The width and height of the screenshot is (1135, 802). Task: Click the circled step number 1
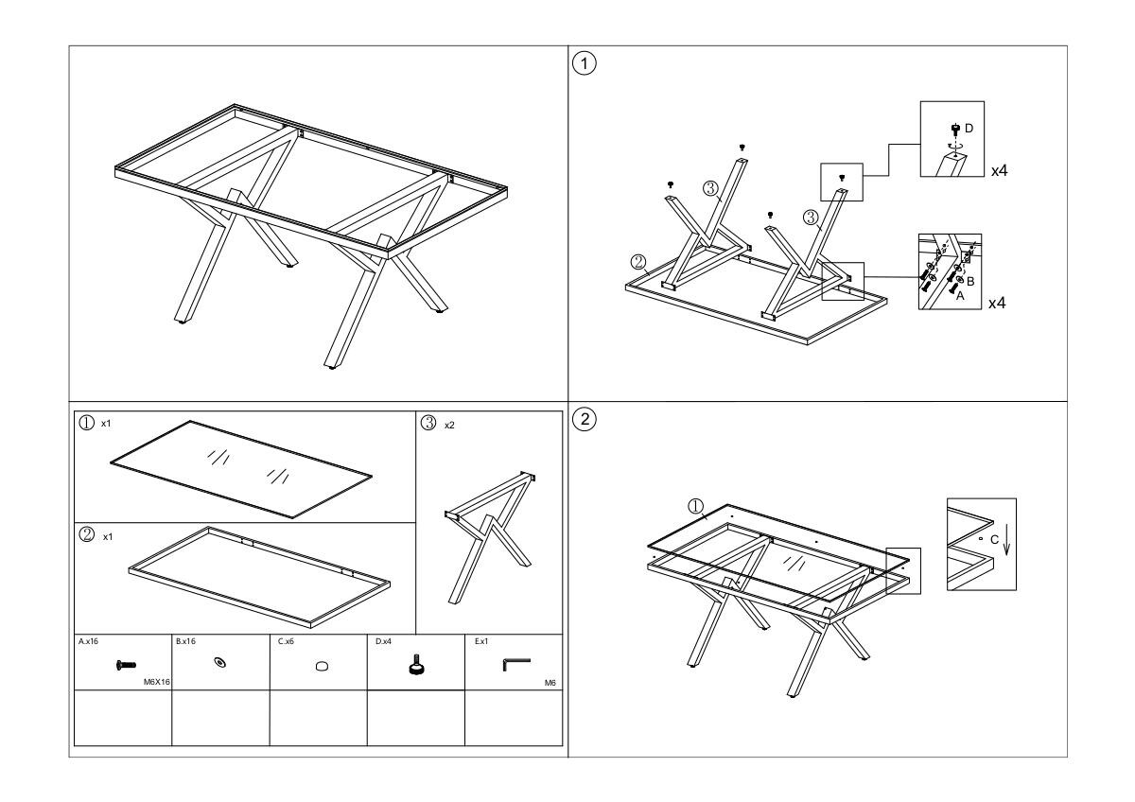(x=585, y=63)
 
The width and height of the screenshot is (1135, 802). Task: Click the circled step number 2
(x=585, y=420)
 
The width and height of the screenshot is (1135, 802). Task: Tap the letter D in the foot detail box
(x=969, y=129)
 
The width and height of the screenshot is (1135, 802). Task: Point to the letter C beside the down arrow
(x=994, y=540)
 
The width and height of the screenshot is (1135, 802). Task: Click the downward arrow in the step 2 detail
(x=1006, y=541)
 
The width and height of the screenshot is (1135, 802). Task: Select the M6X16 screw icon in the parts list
(x=126, y=665)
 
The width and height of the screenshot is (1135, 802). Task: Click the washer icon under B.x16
(x=220, y=662)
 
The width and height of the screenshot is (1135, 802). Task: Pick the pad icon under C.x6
(x=322, y=666)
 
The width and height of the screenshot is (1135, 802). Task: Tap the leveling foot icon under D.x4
(x=416, y=664)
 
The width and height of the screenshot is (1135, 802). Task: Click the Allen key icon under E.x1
(x=516, y=664)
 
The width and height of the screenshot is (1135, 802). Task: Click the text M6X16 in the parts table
(x=157, y=682)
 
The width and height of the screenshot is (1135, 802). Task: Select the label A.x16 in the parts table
(x=88, y=641)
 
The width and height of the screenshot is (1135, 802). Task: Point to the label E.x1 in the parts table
(x=481, y=641)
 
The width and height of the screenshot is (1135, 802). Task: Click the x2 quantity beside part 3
(x=449, y=425)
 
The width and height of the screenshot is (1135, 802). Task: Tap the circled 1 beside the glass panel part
(x=87, y=423)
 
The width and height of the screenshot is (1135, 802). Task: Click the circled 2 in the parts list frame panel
(x=87, y=534)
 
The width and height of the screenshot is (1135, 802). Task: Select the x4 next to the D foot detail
(x=999, y=171)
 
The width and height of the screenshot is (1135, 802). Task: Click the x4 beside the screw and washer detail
(x=997, y=303)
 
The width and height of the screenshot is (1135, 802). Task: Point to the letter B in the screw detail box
(x=970, y=281)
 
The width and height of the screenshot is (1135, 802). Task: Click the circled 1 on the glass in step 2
(x=696, y=506)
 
